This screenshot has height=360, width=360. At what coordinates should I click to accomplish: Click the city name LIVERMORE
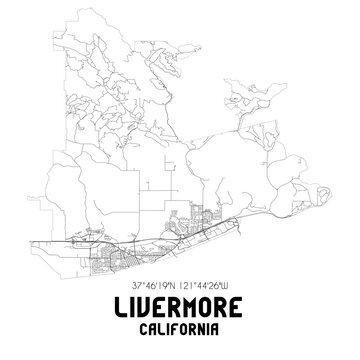[x=180, y=301]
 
